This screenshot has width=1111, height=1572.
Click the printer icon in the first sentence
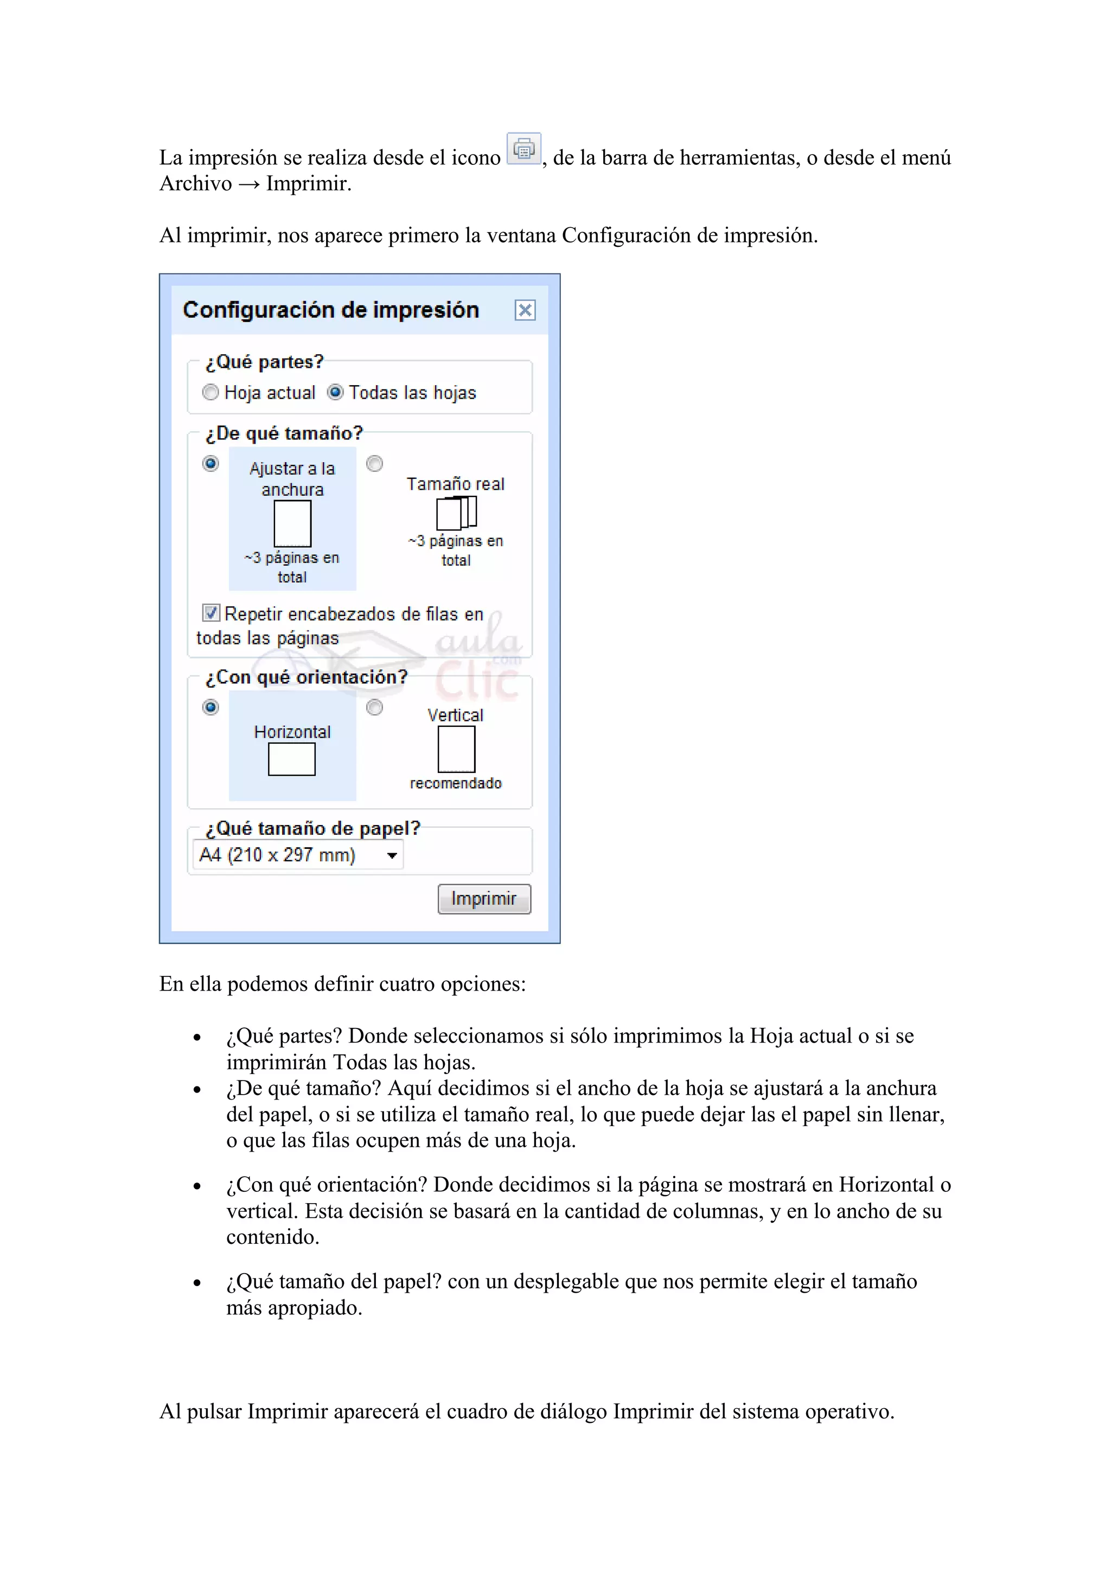tap(523, 149)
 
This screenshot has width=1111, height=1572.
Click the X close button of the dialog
tap(525, 310)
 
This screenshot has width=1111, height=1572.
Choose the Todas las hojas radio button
tap(335, 392)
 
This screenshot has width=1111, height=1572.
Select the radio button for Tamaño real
tap(374, 464)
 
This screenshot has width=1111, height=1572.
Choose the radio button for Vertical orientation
tap(374, 707)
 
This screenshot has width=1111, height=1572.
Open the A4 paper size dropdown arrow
tap(392, 855)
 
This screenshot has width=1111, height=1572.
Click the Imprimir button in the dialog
tap(484, 898)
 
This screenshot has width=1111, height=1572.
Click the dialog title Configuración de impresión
tap(330, 310)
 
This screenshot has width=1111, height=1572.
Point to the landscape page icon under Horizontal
tap(292, 759)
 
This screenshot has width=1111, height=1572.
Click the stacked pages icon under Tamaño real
tap(456, 513)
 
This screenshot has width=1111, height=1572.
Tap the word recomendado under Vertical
tap(456, 783)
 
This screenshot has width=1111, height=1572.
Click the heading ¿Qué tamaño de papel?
tap(313, 828)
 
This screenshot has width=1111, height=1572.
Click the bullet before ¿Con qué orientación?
tap(197, 1186)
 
